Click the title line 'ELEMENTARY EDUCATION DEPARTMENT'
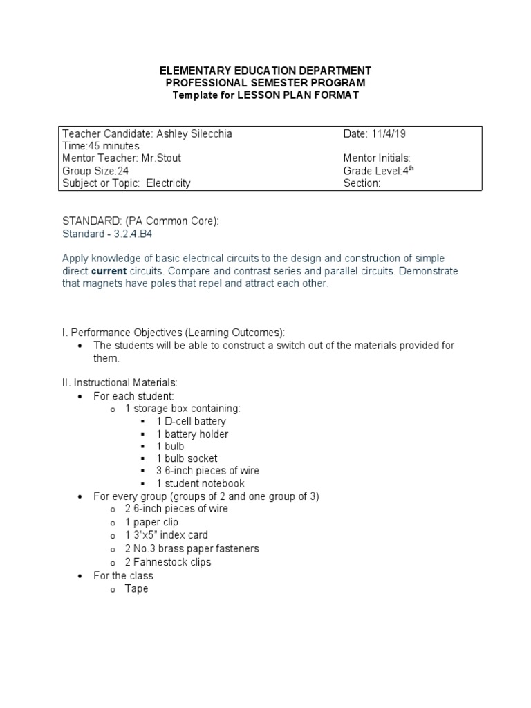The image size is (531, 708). click(x=265, y=71)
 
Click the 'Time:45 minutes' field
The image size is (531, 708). click(x=101, y=146)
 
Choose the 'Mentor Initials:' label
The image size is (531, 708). click(x=377, y=158)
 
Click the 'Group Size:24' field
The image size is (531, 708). click(x=95, y=171)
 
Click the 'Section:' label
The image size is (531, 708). click(x=362, y=183)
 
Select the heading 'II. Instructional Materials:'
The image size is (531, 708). click(x=120, y=382)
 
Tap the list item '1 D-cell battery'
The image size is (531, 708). click(x=191, y=421)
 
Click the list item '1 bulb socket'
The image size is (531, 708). click(x=187, y=458)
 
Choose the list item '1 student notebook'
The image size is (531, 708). click(x=200, y=483)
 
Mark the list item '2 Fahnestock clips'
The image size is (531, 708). click(x=168, y=562)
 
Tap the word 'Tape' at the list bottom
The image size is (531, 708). click(x=136, y=589)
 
